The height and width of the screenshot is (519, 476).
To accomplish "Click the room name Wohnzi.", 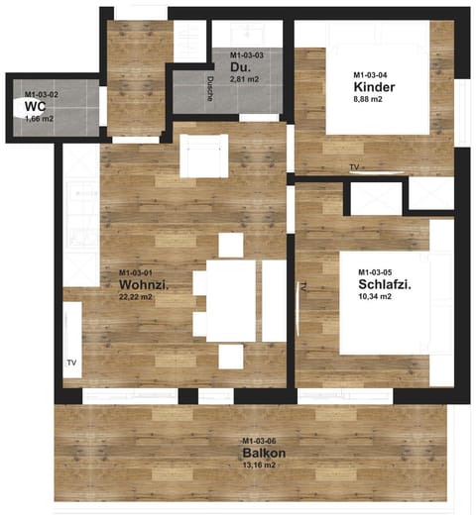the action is (144, 284).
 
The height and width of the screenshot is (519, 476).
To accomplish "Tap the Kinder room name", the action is (374, 87).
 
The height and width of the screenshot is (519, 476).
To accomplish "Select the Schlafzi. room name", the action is (385, 284).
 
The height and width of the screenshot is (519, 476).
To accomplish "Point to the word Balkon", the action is (264, 453).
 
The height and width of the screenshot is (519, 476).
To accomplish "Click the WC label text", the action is (35, 107).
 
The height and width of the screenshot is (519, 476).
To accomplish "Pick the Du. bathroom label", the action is (240, 67).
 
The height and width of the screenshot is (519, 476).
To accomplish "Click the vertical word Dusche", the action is (210, 89).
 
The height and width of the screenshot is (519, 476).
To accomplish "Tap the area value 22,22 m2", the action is (135, 297).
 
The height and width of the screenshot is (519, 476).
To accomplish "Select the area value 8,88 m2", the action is (368, 99).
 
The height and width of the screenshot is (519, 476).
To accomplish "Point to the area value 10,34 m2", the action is (375, 296).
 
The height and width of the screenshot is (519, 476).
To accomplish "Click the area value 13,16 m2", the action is (259, 465).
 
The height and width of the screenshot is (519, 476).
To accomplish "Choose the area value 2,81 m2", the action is (244, 79).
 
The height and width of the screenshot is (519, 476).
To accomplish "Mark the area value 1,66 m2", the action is (39, 119).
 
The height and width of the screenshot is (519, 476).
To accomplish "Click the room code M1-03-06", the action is (259, 441).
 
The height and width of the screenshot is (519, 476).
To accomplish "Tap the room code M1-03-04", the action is (370, 75).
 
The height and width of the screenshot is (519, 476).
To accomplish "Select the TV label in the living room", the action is (71, 363).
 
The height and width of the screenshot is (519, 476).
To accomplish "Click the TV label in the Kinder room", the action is (354, 167).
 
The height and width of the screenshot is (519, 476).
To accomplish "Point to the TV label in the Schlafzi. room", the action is (302, 286).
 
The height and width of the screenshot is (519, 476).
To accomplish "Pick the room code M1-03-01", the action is (136, 272).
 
